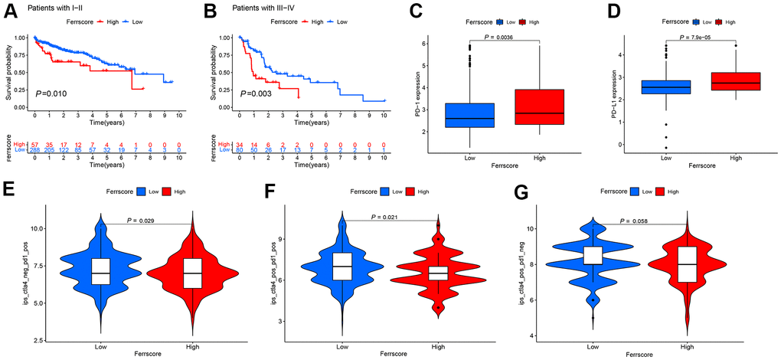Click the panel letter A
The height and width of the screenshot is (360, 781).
pyautogui.click(x=8, y=10)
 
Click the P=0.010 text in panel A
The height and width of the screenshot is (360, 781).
pyautogui.click(x=51, y=93)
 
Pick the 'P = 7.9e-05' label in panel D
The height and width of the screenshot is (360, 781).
pyautogui.click(x=701, y=35)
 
